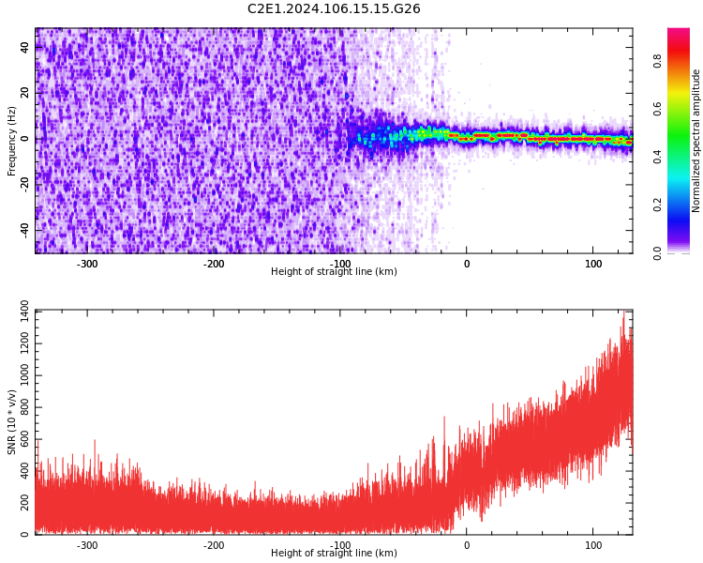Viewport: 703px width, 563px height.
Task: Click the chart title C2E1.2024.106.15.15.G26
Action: click(334, 9)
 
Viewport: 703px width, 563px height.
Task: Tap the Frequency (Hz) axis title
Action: click(12, 141)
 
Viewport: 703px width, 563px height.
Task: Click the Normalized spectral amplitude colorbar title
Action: click(696, 141)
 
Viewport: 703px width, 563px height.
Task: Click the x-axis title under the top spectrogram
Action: click(334, 272)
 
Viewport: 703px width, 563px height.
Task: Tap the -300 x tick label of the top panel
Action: click(86, 264)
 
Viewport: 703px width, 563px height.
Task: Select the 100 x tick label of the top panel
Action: click(592, 264)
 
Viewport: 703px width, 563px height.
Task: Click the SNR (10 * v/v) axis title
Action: click(12, 422)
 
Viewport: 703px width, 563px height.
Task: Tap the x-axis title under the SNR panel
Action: click(334, 554)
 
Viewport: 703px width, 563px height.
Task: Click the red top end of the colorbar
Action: click(678, 32)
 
